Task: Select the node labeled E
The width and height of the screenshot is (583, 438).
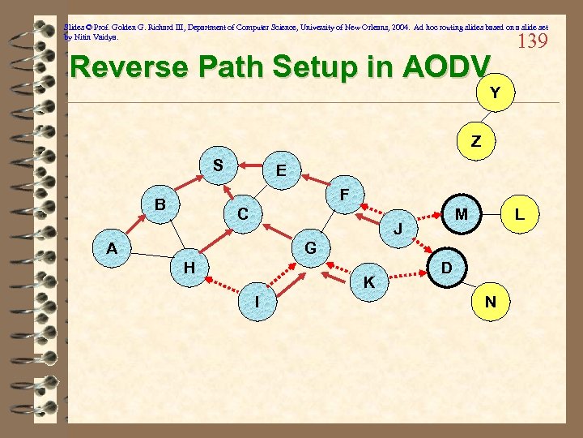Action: point(280,170)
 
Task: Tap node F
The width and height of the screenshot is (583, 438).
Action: point(345,195)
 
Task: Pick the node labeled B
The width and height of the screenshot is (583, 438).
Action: point(160,204)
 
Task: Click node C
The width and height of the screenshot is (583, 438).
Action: point(242,215)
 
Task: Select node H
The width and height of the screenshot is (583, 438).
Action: point(189,266)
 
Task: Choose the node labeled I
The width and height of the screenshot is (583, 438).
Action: point(257,301)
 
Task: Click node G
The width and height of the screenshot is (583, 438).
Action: point(310,247)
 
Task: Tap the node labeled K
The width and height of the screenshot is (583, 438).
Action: point(369,282)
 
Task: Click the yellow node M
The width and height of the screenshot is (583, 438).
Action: point(461,214)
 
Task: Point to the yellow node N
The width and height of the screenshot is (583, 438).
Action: point(490,302)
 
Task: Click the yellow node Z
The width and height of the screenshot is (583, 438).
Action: point(476,141)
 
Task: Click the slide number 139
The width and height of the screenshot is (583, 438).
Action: point(531,41)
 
